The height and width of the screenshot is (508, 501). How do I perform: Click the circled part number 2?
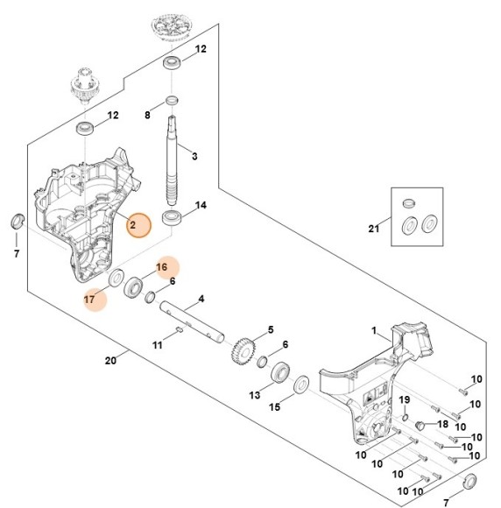click(x=133, y=225)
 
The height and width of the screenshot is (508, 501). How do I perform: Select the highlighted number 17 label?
click(x=89, y=299)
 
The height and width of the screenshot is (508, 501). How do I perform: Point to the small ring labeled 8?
click(x=172, y=98)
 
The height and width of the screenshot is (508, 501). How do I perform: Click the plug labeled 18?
click(x=419, y=426)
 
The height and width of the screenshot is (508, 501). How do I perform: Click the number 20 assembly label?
click(x=109, y=360)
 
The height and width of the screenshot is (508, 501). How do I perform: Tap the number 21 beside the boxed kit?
click(x=374, y=229)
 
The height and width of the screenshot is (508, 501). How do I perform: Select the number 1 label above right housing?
click(x=374, y=331)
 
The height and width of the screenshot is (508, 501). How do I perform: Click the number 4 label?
click(x=201, y=299)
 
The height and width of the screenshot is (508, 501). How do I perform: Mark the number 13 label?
click(x=255, y=395)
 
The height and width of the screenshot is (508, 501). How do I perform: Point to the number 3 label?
click(x=194, y=156)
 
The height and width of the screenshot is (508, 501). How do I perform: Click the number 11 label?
click(x=158, y=345)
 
